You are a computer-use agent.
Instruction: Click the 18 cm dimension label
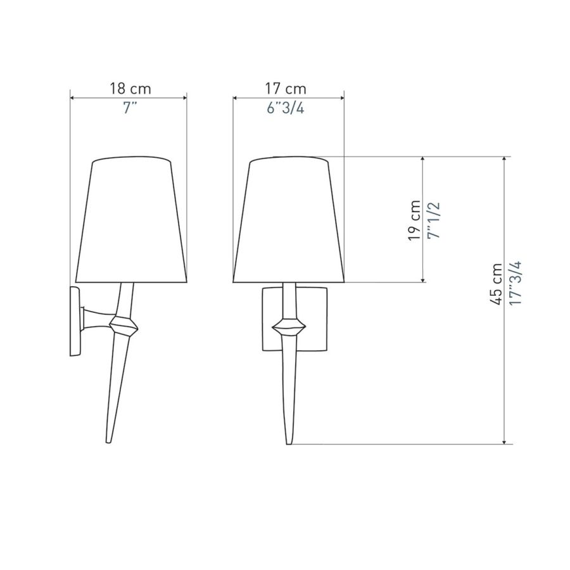pos(130,89)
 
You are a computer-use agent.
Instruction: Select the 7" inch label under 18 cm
pos(129,108)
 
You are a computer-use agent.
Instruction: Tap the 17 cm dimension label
pos(286,89)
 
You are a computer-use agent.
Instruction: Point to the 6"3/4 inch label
pos(286,108)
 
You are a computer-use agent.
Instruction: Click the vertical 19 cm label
pos(414,220)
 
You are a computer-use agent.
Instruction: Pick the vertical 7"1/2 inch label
pos(434,220)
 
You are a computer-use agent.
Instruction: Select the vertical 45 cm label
pos(496,284)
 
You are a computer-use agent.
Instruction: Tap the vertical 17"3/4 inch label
pos(515,283)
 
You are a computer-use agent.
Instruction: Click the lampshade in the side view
pos(131,220)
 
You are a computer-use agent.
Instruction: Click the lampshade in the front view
pos(289,220)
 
